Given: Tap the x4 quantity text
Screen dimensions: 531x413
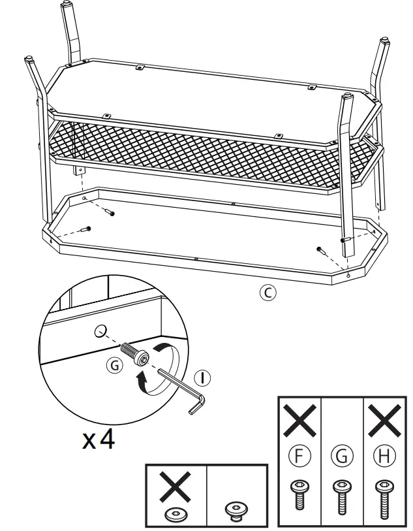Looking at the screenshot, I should coord(99,439).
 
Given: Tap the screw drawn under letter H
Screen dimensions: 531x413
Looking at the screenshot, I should coord(381,494).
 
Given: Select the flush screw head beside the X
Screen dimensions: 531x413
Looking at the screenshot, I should coord(237,510).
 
